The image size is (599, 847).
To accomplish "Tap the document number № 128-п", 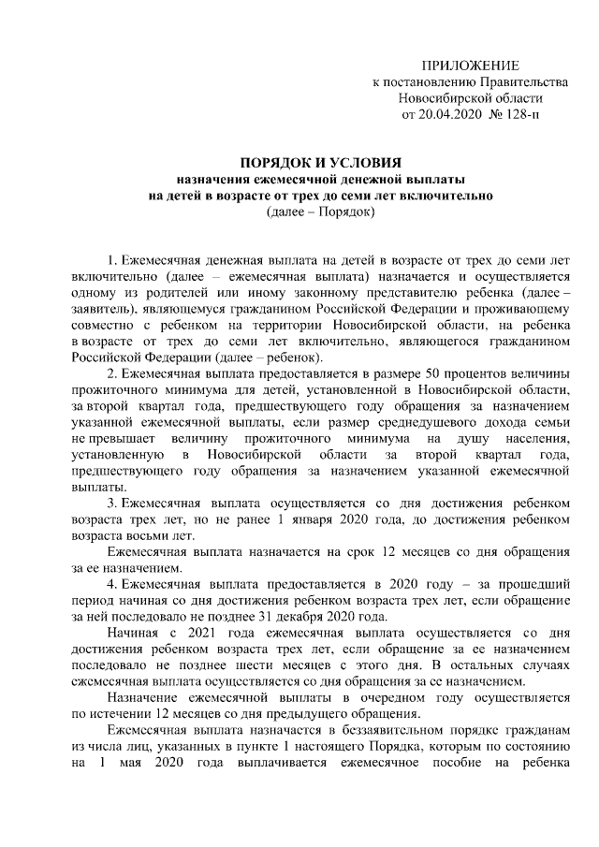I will click(514, 116).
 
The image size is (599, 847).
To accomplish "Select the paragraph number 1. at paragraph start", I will click(114, 257).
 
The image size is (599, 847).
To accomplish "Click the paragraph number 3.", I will click(114, 504).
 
